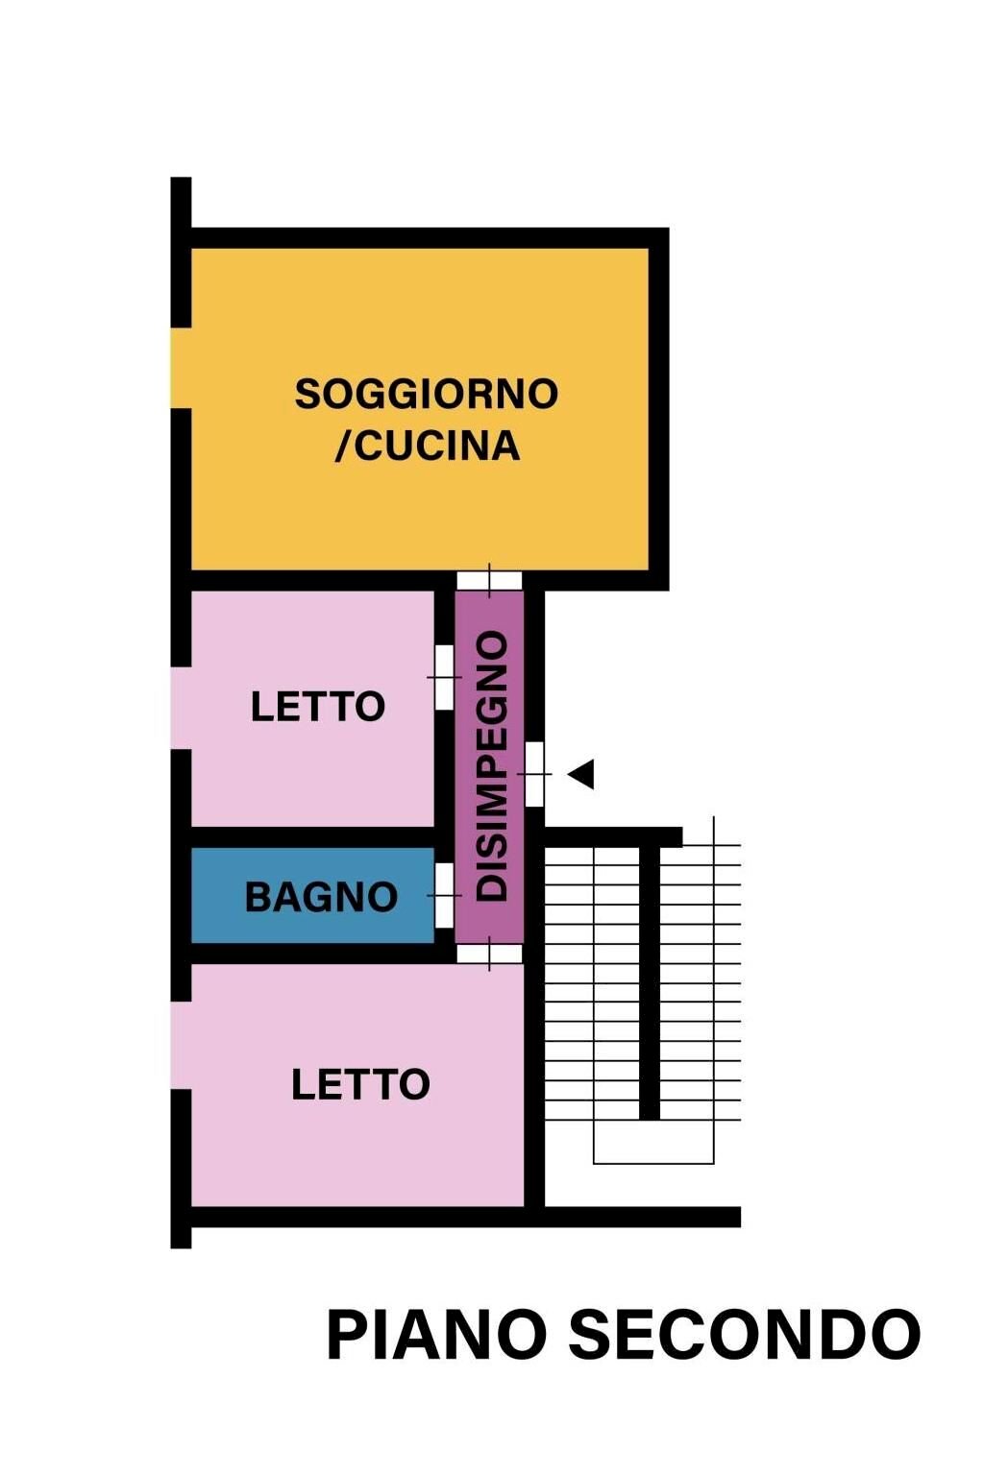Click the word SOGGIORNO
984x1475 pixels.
[x=426, y=394]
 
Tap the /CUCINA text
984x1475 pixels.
[x=427, y=446]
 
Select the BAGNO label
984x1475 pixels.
[x=321, y=897]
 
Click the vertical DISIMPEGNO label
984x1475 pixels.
[x=492, y=766]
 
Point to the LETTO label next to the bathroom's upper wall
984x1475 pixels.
[x=317, y=707]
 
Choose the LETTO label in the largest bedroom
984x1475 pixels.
[x=360, y=1084]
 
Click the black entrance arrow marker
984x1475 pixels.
[x=582, y=774]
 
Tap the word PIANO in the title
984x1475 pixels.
[x=437, y=1335]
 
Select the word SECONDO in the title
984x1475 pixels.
[x=745, y=1335]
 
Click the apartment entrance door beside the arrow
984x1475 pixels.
[x=534, y=774]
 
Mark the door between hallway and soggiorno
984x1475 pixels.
[x=489, y=580]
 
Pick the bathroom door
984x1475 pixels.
[x=444, y=895]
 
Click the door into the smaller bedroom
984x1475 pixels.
[x=444, y=677]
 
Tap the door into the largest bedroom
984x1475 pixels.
[x=489, y=954]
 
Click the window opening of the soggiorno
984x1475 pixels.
[x=181, y=368]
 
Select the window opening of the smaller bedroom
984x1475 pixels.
[x=181, y=707]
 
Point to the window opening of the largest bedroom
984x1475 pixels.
[x=181, y=1045]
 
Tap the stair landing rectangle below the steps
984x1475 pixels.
[x=653, y=1143]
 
